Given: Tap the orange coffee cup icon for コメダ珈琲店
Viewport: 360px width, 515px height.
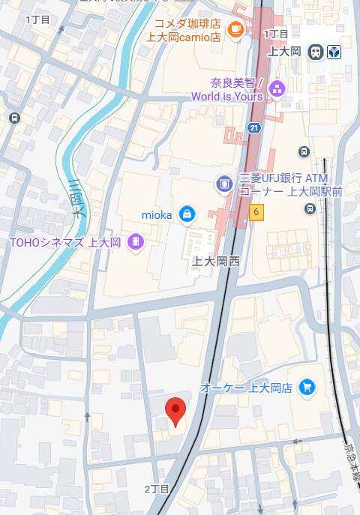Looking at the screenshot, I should click(235, 29).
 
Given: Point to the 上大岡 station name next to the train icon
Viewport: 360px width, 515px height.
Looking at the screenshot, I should click(284, 52).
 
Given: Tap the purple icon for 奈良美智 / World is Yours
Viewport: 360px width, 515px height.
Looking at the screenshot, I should click(277, 90).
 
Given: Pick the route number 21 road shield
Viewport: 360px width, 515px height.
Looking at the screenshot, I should click(254, 127).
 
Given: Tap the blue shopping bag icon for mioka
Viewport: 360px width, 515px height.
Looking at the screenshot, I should click(187, 214).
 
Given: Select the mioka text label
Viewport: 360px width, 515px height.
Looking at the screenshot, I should click(157, 215).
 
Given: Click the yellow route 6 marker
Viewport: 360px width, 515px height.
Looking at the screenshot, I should click(256, 213).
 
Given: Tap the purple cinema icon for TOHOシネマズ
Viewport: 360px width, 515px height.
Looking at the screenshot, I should click(134, 241).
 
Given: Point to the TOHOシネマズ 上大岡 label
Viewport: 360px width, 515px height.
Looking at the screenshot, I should click(64, 242).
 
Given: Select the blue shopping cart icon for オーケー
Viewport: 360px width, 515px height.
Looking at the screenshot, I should click(306, 387).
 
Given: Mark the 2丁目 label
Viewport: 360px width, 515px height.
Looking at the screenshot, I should click(157, 489).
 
